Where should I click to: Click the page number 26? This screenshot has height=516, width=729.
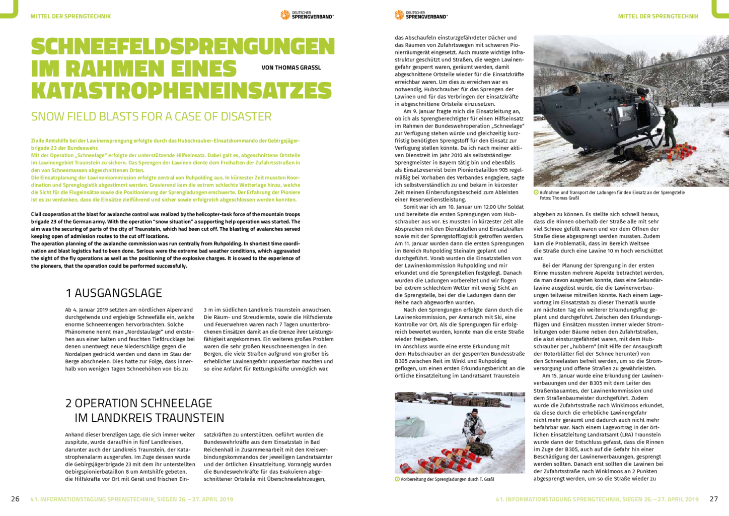pos(15,499)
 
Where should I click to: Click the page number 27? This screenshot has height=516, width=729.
pos(713,499)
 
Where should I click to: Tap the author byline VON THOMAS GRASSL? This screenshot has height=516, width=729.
pos(291,68)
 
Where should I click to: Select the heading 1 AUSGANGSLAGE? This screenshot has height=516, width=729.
pos(114,293)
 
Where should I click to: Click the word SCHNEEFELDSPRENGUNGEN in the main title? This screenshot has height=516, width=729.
pos(183,47)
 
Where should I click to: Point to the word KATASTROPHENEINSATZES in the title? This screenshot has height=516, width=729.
pos(181,91)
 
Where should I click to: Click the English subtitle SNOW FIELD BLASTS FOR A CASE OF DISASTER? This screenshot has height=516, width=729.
pos(151,116)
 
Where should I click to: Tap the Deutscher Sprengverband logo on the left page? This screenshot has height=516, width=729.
pos(307,15)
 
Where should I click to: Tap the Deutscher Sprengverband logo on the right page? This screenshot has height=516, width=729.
pos(421,15)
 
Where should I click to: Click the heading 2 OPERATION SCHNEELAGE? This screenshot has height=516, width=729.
pos(139,403)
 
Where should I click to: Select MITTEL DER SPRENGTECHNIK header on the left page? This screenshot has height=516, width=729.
pos(70,16)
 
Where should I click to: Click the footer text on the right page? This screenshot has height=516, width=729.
pos(597,499)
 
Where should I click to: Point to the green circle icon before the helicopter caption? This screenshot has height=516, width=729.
pos(536,192)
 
